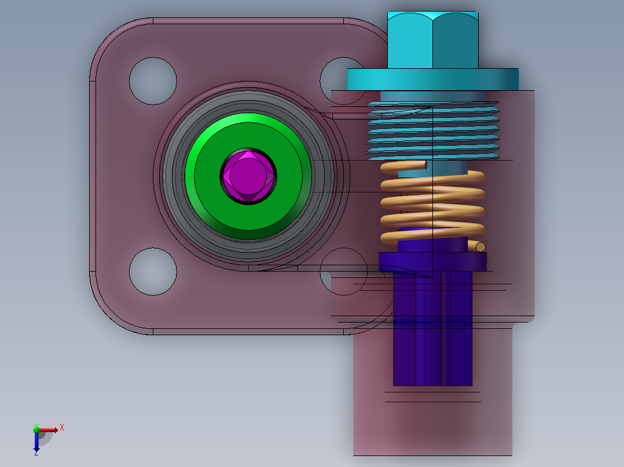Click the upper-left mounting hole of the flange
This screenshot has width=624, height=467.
(153, 81)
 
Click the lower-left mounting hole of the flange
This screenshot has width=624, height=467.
(153, 272)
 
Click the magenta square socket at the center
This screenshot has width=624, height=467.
(248, 176)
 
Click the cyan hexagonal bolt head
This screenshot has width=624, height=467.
(433, 40)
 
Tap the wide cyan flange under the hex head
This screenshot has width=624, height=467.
(432, 79)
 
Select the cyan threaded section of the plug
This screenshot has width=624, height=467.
(432, 131)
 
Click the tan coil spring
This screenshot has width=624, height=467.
(432, 203)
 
